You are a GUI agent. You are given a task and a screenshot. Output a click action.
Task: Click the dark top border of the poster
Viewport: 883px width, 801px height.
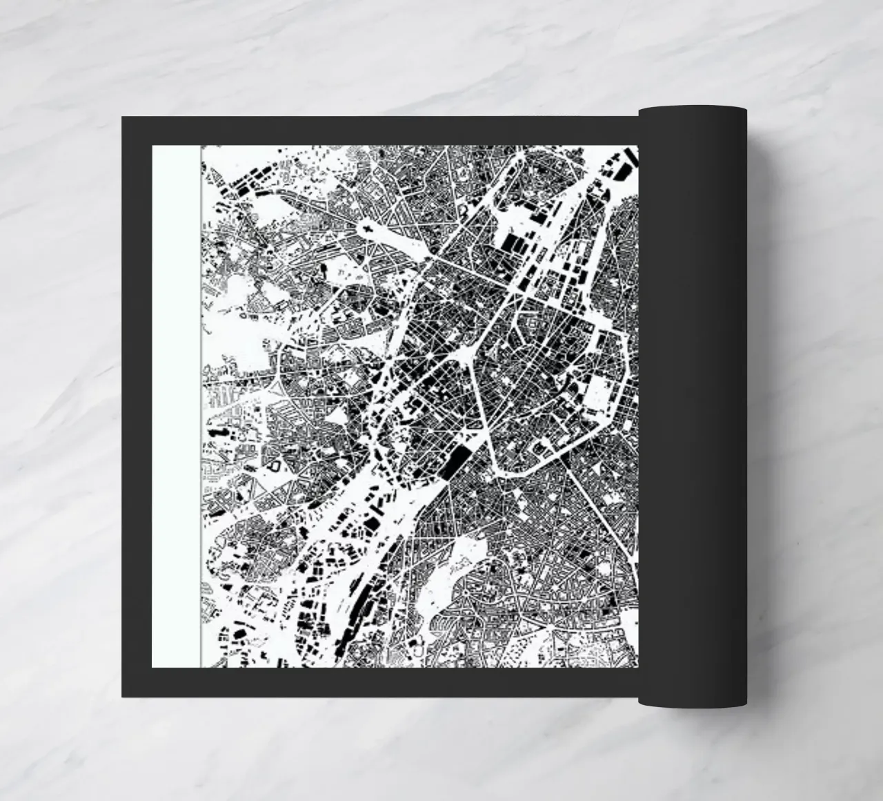379,131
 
